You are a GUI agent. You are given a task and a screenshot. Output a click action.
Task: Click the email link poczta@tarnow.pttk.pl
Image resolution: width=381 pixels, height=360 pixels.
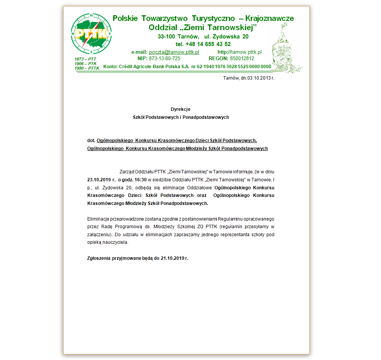[x=174, y=52]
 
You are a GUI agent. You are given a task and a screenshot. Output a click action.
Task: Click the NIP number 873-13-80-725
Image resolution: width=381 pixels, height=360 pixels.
[x=165, y=59]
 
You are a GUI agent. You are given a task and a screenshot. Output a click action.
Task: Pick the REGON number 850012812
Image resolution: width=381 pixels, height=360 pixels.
[x=242, y=59]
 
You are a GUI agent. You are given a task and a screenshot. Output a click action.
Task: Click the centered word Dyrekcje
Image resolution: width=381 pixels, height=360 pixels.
[x=181, y=109]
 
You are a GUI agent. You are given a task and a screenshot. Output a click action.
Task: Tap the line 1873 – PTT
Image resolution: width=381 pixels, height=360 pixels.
[x=85, y=59]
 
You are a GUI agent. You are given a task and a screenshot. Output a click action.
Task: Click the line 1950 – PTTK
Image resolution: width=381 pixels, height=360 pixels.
[x=87, y=68]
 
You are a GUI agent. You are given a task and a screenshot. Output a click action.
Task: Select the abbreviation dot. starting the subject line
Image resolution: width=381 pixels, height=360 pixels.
[x=91, y=140]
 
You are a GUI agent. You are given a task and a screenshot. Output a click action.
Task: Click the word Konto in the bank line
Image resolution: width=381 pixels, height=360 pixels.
[x=110, y=66]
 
